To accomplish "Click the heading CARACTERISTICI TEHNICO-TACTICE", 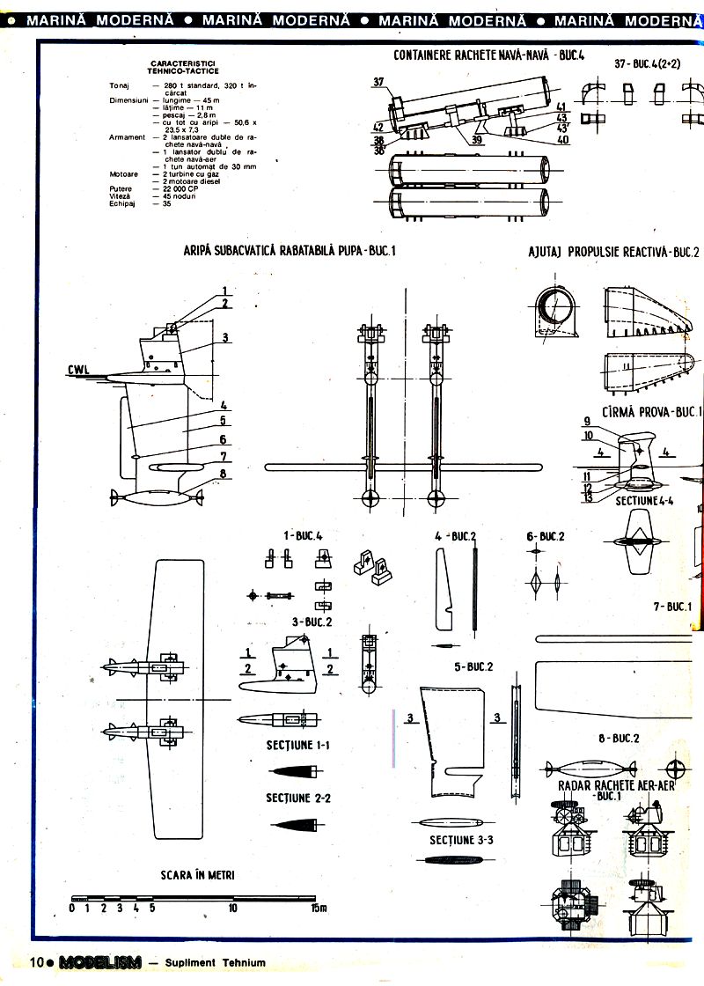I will [185, 68].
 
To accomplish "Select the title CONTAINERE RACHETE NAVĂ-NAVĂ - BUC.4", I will [489, 55].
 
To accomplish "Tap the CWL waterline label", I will [80, 371].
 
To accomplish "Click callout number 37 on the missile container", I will [378, 82].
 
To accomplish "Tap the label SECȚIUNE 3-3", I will [461, 840].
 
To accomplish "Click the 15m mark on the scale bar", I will [318, 909].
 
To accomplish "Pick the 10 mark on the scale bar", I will [232, 909].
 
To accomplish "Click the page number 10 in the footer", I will [37, 962].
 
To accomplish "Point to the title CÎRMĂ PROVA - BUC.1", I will [651, 411].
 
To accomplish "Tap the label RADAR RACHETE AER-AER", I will [616, 785].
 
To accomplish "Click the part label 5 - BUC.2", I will [473, 666].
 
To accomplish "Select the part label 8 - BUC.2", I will [619, 738].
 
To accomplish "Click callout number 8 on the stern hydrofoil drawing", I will [224, 473].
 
